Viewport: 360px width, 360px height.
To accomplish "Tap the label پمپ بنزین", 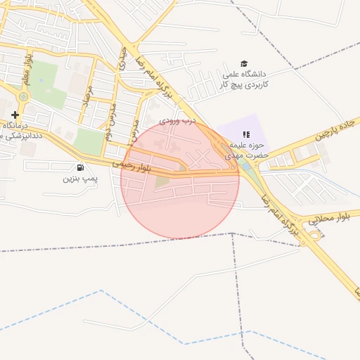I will (x=79, y=179).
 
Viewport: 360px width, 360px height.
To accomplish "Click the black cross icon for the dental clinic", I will (x=15, y=114).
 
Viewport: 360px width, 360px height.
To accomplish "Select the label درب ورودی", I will (x=174, y=121).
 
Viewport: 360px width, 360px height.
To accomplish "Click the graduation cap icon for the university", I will (x=244, y=64).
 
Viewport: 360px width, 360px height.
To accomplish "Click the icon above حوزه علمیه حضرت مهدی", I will (x=245, y=134).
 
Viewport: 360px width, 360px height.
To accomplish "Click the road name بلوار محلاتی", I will (x=328, y=219).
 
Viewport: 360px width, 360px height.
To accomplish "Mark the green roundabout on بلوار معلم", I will (x=23, y=96).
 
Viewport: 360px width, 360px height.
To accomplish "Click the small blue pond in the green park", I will (x=41, y=79).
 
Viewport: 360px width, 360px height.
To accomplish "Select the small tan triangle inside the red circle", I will (x=162, y=181).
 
